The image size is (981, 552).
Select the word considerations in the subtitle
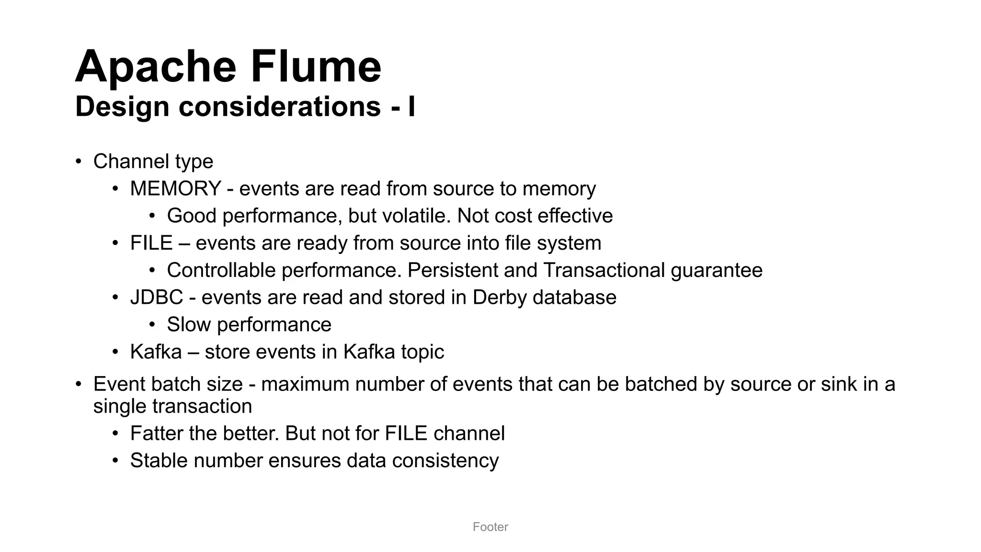tap(280, 106)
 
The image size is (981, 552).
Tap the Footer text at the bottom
tap(490, 527)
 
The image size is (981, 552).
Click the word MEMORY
tap(175, 189)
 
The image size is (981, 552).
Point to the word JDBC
tap(157, 298)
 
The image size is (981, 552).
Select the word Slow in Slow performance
tap(189, 325)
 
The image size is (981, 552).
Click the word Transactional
tap(604, 271)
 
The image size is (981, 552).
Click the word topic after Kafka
tap(422, 352)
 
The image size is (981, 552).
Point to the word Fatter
tap(157, 434)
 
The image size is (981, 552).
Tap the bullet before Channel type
tap(79, 161)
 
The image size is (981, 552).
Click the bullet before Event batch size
tap(79, 384)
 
